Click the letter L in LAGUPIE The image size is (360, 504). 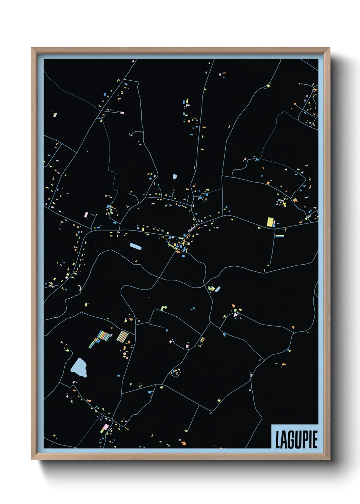(278, 440)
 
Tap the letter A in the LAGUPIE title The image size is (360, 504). (284, 440)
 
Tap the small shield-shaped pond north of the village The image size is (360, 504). (175, 176)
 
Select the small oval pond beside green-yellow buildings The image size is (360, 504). (217, 289)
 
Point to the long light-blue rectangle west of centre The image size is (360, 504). (135, 246)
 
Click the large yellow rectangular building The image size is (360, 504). (270, 222)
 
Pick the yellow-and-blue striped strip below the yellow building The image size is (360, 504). (280, 236)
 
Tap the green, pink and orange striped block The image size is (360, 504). (122, 336)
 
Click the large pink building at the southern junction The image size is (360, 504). (105, 427)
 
